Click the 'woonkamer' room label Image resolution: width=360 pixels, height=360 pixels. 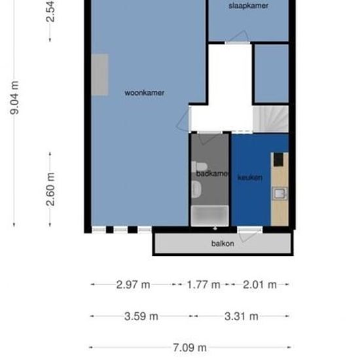tap(144, 93)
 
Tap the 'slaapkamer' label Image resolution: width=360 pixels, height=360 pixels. tap(248, 6)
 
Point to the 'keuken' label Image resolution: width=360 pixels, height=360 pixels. tap(250, 177)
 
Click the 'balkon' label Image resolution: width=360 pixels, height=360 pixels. tap(223, 243)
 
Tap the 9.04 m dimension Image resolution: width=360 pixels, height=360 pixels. tap(14, 98)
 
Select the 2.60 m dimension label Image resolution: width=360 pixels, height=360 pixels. tap(50, 189)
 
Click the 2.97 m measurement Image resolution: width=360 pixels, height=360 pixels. tap(133, 285)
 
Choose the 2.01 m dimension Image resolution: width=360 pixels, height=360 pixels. tap(259, 285)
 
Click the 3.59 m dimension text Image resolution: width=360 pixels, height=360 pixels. tap(141, 316)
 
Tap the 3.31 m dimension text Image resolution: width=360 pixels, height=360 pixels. tap(241, 316)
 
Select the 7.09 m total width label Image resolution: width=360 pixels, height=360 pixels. tap(190, 348)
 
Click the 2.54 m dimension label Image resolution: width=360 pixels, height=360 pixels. tap(50, 12)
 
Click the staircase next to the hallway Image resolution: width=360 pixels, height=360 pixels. tap(271, 118)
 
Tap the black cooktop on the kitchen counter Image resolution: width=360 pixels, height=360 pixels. tap(279, 159)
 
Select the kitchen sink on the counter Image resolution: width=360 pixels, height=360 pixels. tap(279, 194)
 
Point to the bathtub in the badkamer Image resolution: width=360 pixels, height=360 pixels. tap(209, 215)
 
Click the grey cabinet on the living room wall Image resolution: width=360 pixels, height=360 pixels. tap(100, 75)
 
